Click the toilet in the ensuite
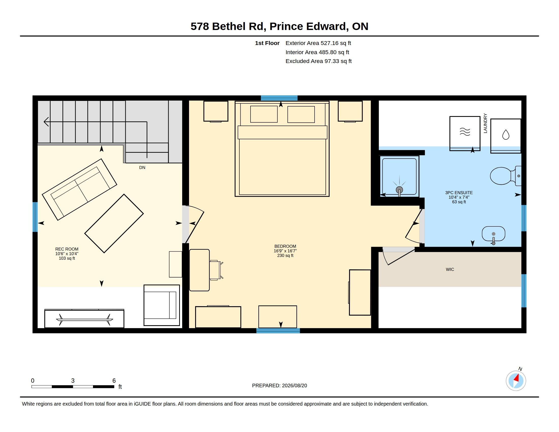[505, 176]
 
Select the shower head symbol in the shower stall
[399, 190]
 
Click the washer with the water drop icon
[506, 136]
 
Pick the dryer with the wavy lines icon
[465, 133]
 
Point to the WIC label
[450, 269]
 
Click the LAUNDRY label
[485, 123]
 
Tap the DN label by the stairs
[142, 167]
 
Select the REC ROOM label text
[67, 249]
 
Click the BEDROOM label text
[285, 246]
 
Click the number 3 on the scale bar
[73, 381]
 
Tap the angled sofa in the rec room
[79, 189]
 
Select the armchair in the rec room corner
[162, 305]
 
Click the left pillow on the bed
[264, 114]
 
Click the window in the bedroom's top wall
[279, 98]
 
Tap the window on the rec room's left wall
[35, 217]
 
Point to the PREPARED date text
[279, 385]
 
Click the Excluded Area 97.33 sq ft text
[318, 61]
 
